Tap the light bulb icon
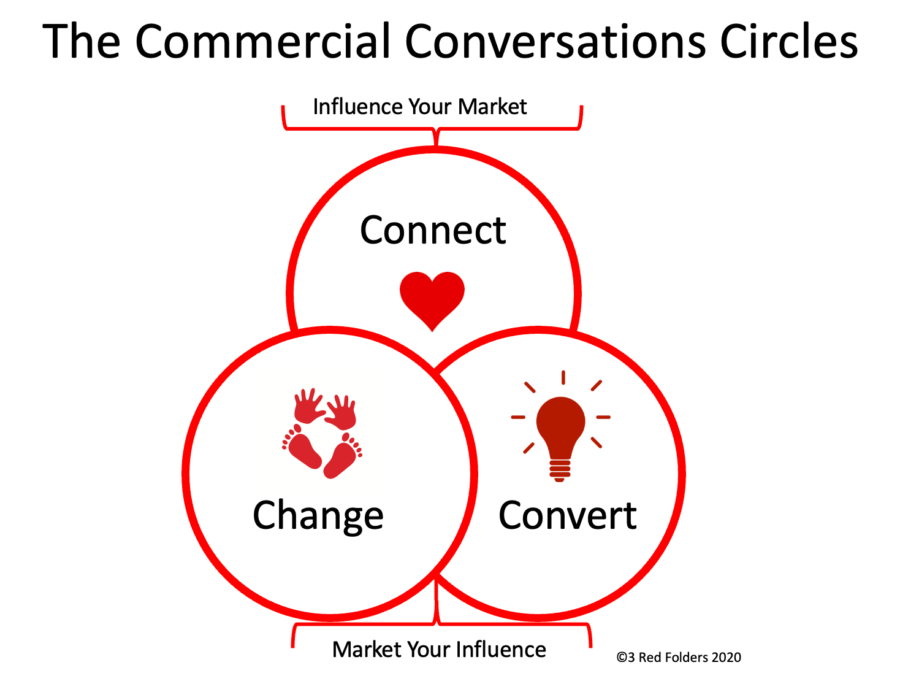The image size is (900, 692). click(560, 427)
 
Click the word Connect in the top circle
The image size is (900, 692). click(433, 231)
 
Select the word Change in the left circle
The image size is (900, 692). click(318, 517)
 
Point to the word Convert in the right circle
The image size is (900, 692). click(568, 515)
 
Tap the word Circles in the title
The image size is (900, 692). click(789, 41)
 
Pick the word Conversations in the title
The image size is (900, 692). click(555, 41)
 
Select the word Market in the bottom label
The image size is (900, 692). click(367, 649)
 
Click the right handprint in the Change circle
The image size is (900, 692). click(341, 412)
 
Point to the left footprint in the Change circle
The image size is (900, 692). click(302, 447)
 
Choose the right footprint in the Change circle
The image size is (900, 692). click(343, 455)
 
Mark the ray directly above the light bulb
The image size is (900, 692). click(563, 377)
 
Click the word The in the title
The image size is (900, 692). click(82, 41)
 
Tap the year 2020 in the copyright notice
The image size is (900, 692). click(726, 657)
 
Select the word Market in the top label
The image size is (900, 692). click(492, 107)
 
